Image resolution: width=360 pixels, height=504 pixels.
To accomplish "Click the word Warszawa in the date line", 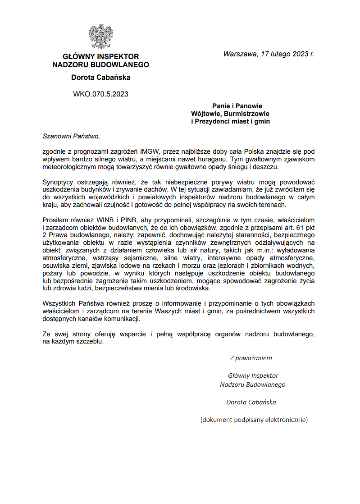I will pos(239,54).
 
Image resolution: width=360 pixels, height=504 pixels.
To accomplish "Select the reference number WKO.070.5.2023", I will pos(100,94).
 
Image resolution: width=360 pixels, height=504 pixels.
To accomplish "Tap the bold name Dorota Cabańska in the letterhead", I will pos(100,77).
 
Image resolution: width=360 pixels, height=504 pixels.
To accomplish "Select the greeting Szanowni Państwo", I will pos(71,135).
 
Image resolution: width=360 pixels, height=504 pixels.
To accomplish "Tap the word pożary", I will pos(53,274).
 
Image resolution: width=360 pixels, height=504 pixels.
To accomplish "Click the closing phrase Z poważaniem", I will pos(251,358).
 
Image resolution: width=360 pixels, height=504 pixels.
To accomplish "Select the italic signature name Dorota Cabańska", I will pos(251,402).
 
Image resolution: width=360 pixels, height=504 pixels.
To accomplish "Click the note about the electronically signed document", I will pos(254,420).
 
